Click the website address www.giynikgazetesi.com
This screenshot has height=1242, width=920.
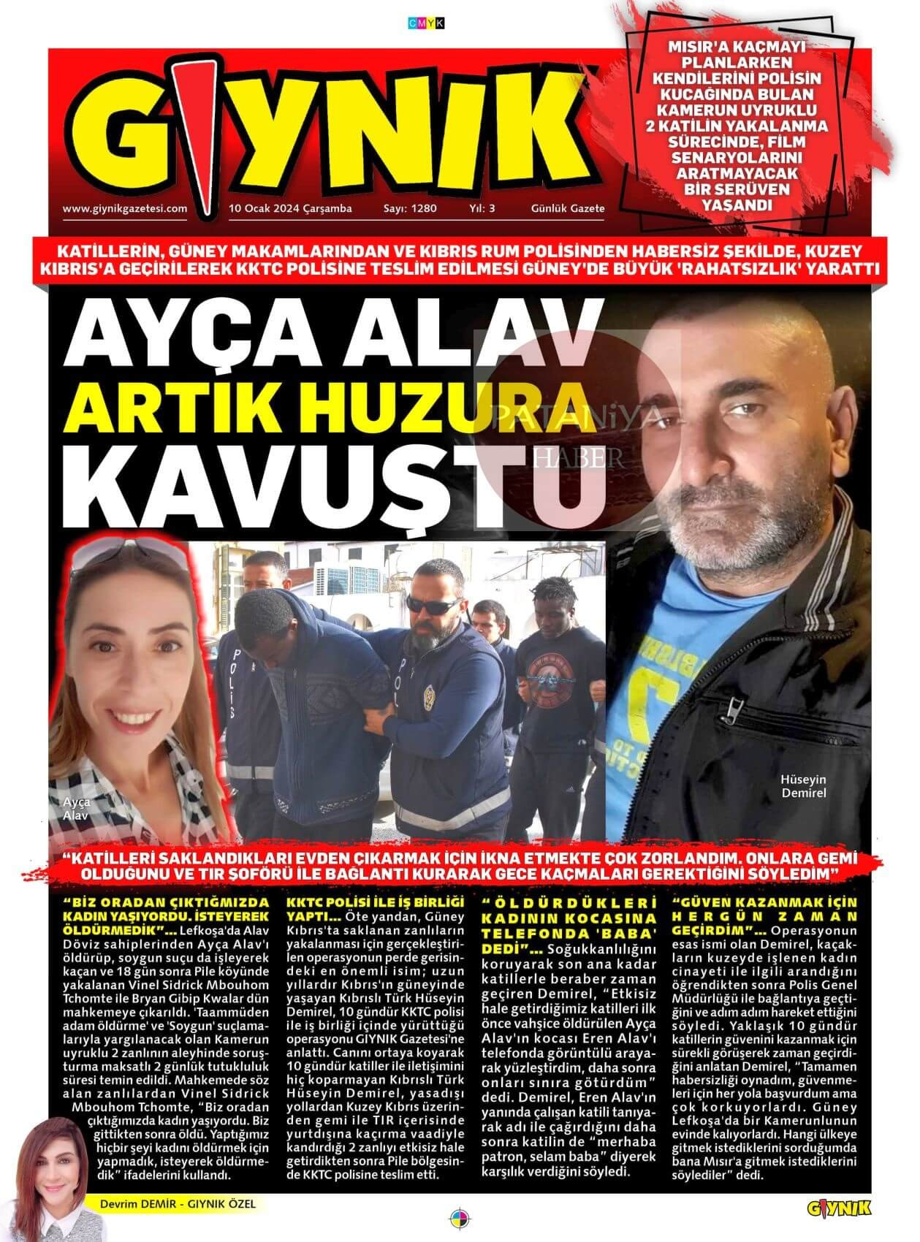point(125,208)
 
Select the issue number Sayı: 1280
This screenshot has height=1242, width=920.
point(410,208)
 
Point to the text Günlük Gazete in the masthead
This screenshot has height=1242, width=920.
point(568,208)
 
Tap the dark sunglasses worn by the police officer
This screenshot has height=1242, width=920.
point(430,604)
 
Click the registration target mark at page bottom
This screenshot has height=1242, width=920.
point(460,1219)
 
